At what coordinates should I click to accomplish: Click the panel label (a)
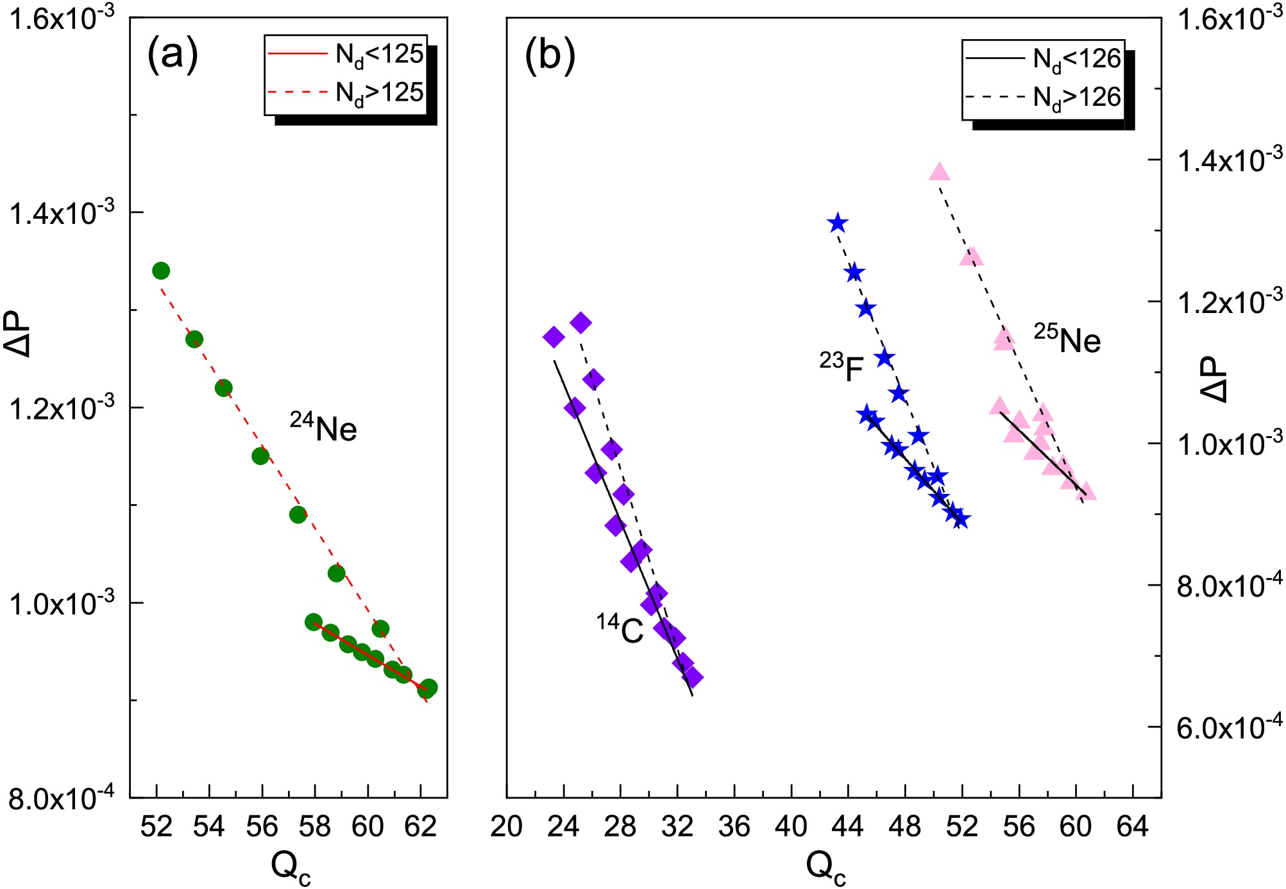point(173,55)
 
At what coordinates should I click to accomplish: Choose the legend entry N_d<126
point(1043,60)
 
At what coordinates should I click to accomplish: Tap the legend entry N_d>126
point(1043,98)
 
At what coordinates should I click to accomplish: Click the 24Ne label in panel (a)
point(323,427)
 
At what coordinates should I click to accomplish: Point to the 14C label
point(620,629)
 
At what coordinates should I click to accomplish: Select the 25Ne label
point(1067,338)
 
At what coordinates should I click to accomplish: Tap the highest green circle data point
point(161,271)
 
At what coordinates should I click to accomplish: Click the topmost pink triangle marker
point(939,171)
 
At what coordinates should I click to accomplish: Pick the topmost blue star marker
point(837,223)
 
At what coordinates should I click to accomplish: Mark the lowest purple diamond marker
point(692,677)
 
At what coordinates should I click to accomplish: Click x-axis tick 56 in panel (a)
point(262,827)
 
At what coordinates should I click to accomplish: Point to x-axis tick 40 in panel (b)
point(791,827)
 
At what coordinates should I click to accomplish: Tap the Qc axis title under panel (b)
point(826,867)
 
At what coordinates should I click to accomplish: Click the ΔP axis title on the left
point(17,334)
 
